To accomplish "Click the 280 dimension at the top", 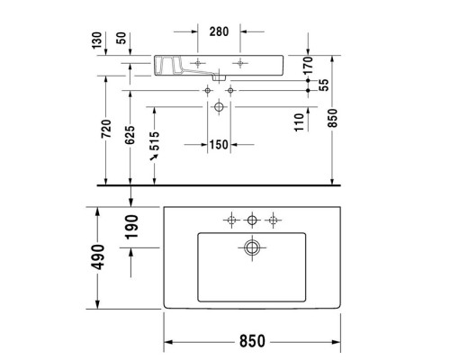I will tap(219, 31).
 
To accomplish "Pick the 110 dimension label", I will tap(299, 119).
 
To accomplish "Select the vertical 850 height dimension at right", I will tap(334, 119).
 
